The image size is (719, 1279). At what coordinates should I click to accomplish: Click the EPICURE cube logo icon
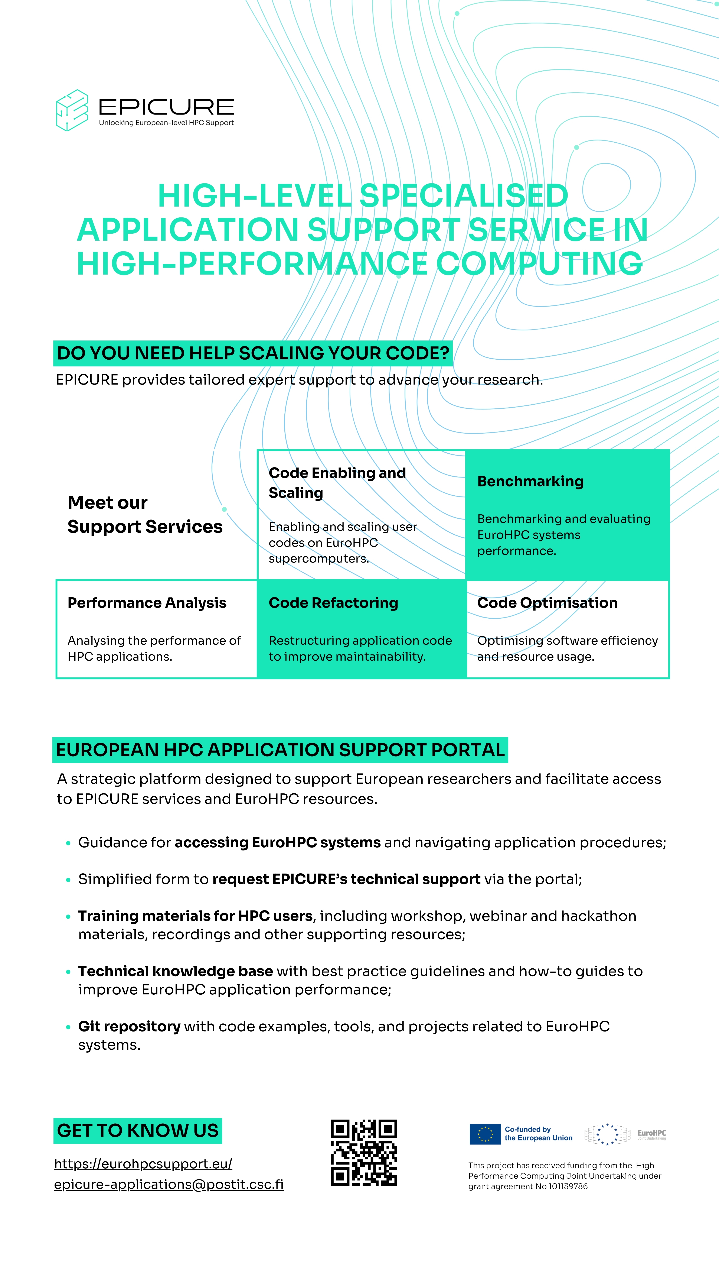(x=72, y=110)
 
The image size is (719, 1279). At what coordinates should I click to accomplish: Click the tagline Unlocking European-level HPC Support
(x=166, y=123)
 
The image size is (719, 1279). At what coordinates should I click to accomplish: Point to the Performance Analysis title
(x=147, y=603)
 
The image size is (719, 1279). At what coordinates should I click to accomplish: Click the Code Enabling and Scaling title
(x=337, y=483)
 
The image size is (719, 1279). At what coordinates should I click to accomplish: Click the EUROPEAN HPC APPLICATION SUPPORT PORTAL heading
(x=280, y=750)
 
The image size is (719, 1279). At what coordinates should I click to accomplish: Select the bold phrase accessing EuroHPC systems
(x=277, y=843)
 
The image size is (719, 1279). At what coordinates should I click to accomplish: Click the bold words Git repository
(x=129, y=1026)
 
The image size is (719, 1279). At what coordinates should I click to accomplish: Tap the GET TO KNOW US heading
(x=137, y=1131)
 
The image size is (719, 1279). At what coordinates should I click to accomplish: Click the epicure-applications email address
(x=169, y=1184)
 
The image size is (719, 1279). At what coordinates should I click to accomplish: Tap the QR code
(x=364, y=1153)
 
